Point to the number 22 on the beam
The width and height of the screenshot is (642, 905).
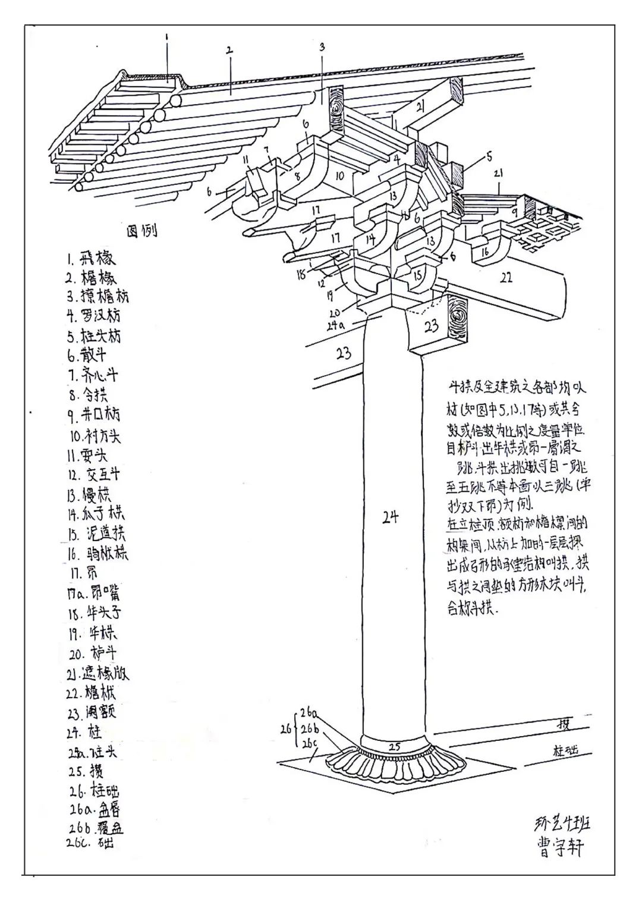[506, 277]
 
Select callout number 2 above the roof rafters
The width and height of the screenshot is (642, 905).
[229, 51]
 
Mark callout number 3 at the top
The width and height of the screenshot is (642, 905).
[322, 46]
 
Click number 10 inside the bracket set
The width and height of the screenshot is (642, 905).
[339, 176]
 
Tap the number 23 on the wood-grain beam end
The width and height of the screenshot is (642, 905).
[432, 325]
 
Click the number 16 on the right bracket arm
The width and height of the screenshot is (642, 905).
[486, 252]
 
